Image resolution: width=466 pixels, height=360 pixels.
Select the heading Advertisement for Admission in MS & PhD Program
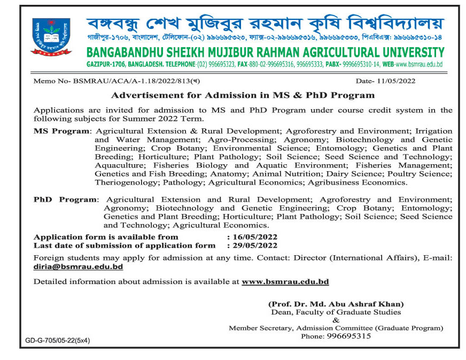(x=242, y=96)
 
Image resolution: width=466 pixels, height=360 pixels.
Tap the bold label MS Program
(x=61, y=131)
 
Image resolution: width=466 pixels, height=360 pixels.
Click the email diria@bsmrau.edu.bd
(x=74, y=266)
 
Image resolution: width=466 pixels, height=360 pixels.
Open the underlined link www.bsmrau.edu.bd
(x=285, y=281)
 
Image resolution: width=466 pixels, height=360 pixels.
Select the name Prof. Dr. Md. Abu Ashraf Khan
(x=336, y=304)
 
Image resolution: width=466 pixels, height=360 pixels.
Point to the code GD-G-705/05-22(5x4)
(x=58, y=340)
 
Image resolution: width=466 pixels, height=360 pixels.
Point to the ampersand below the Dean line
(x=336, y=320)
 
